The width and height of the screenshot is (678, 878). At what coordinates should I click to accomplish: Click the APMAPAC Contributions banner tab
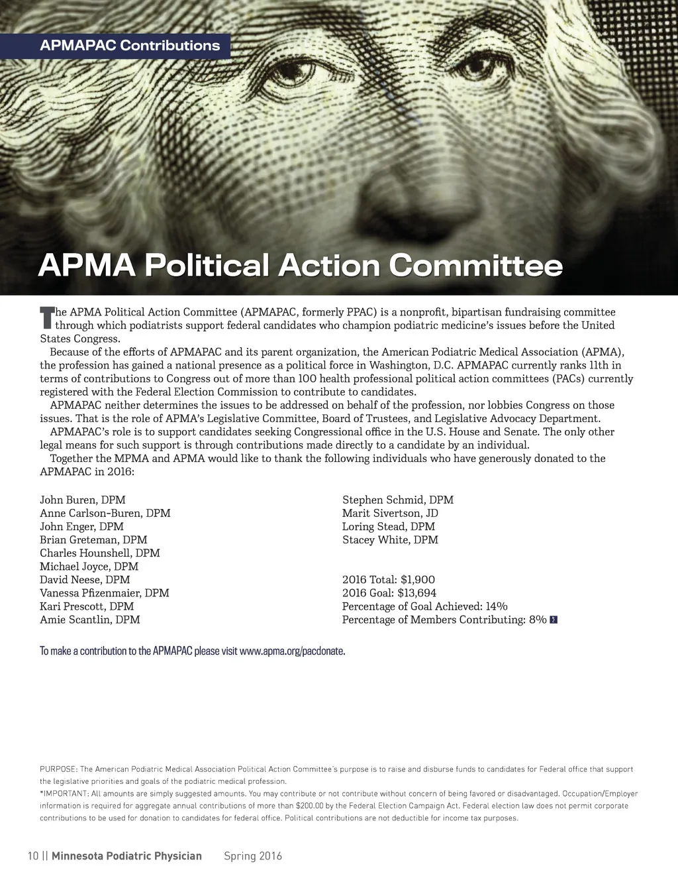(130, 46)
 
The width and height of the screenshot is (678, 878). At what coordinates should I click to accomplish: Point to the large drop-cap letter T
(46, 317)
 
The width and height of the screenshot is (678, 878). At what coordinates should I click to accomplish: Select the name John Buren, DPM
(83, 500)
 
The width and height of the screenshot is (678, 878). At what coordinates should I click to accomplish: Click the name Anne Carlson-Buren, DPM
(105, 513)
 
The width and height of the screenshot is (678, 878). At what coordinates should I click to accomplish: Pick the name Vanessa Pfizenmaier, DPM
(105, 593)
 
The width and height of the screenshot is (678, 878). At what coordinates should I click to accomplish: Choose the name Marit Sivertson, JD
(390, 513)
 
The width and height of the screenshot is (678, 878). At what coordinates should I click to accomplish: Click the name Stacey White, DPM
(390, 540)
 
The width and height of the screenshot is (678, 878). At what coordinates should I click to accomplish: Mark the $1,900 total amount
(418, 580)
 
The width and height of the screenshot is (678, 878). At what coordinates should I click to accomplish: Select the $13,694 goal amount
(417, 593)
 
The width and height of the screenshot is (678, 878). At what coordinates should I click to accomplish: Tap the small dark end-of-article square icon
(554, 620)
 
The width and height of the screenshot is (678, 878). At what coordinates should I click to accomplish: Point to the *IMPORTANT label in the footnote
(64, 793)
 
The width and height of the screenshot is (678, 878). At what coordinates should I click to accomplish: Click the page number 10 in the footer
(33, 855)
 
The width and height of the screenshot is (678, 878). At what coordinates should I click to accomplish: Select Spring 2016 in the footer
(253, 855)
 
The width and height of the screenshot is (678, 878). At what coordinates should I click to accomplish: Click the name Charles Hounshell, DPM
(100, 553)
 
